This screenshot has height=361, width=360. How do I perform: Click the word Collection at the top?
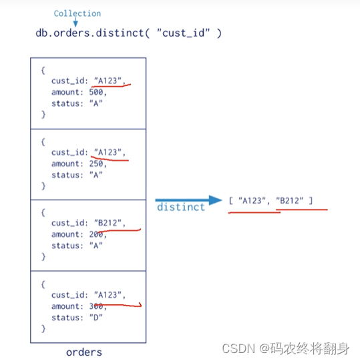point(77,13)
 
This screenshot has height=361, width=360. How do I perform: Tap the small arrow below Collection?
point(75,21)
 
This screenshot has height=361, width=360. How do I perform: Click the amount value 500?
point(96,92)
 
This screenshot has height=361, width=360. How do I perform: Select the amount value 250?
point(96,163)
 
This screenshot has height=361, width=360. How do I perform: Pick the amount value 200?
point(96,234)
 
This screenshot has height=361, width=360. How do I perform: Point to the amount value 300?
point(96,306)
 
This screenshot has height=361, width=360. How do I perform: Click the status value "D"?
point(96,318)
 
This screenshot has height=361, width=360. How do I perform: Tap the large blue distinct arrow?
point(188,200)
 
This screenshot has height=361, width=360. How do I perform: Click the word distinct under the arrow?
point(181,208)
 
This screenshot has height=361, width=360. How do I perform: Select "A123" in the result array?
point(252,201)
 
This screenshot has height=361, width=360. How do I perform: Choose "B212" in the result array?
point(289,201)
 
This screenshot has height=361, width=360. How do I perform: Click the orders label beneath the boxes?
point(84,352)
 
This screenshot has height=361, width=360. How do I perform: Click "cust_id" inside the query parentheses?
point(184,33)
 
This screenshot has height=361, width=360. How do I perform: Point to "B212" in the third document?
point(108,223)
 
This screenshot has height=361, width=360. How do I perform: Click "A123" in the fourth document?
point(108,295)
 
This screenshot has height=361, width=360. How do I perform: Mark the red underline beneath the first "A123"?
point(111,86)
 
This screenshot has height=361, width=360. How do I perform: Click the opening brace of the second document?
point(43,142)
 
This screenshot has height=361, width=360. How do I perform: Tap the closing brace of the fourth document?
point(43,328)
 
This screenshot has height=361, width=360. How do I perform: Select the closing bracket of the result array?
point(311,201)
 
